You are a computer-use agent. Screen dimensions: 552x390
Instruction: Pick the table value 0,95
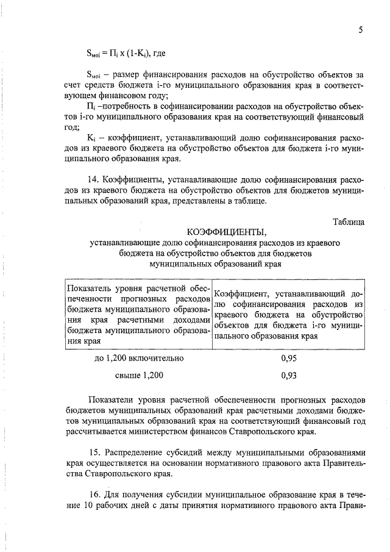coord(289,359)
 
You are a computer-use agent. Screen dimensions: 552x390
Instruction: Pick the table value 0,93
coord(289,376)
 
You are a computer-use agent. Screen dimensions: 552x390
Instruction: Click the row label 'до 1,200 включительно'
coord(139,359)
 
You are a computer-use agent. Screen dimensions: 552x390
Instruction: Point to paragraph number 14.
coord(94,181)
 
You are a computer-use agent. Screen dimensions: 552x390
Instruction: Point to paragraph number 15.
coord(94,453)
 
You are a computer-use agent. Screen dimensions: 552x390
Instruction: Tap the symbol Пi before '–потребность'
coord(93,107)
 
